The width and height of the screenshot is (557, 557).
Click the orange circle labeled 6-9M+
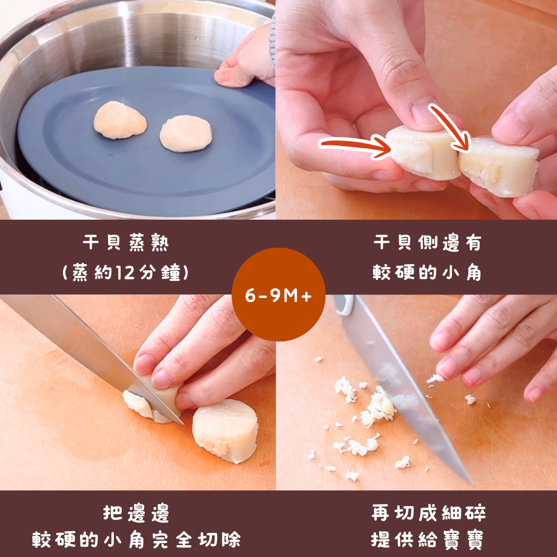[278, 294]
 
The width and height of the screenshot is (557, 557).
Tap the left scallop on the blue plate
[120, 120]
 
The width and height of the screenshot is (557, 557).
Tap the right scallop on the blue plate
[186, 133]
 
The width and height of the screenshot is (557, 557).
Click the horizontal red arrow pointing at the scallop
[355, 145]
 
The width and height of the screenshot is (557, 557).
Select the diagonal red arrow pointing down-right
[450, 128]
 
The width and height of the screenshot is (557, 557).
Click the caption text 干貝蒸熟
[126, 243]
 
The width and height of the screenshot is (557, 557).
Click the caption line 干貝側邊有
[427, 243]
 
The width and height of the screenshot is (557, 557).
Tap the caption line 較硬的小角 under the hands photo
[427, 273]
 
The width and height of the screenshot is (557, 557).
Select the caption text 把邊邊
[136, 513]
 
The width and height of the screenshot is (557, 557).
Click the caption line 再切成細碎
[429, 513]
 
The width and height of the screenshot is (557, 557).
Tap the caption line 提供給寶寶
[428, 540]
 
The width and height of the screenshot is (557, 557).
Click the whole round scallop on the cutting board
[224, 431]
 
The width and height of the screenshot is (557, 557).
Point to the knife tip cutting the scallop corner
[183, 423]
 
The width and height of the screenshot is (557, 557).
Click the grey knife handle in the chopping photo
[343, 305]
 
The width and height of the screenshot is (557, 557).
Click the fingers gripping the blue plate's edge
[245, 60]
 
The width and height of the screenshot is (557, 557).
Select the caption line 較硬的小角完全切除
[136, 540]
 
